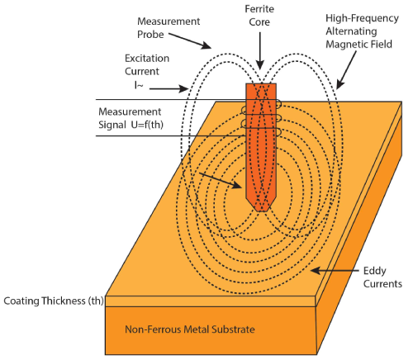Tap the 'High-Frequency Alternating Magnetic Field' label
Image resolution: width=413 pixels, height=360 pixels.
(349, 29)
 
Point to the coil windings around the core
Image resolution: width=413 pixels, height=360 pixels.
(261, 118)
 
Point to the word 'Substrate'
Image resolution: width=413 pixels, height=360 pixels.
(230, 330)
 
